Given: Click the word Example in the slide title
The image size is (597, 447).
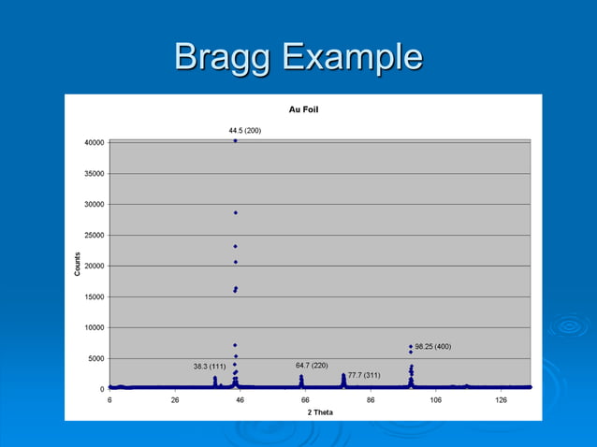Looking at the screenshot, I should point(352,58).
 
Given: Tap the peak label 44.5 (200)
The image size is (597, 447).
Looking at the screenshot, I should point(245,130).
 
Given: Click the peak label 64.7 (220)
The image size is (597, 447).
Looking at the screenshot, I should point(312,365).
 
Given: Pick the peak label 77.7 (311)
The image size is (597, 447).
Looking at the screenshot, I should point(364,374).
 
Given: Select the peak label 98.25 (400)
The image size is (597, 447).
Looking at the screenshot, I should point(432,346).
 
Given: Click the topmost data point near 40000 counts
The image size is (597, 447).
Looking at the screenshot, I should point(235,141).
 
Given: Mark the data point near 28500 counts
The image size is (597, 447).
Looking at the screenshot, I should point(235,212).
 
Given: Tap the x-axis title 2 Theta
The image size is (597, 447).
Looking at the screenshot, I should point(319,412).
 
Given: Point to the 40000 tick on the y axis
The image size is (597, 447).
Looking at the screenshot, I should point(92,142).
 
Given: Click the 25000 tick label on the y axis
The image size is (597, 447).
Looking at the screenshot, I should point(92,235).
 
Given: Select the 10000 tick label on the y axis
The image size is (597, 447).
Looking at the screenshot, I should point(92,327).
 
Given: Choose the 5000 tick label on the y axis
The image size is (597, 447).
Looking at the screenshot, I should point(95,358).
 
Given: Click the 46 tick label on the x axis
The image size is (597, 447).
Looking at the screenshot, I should point(240,399).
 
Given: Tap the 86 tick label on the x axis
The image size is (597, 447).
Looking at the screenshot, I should point(371,399).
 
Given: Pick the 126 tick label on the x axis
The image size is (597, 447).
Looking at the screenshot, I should point(501,399).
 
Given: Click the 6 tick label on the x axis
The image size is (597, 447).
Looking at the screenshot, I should point(109,399).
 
